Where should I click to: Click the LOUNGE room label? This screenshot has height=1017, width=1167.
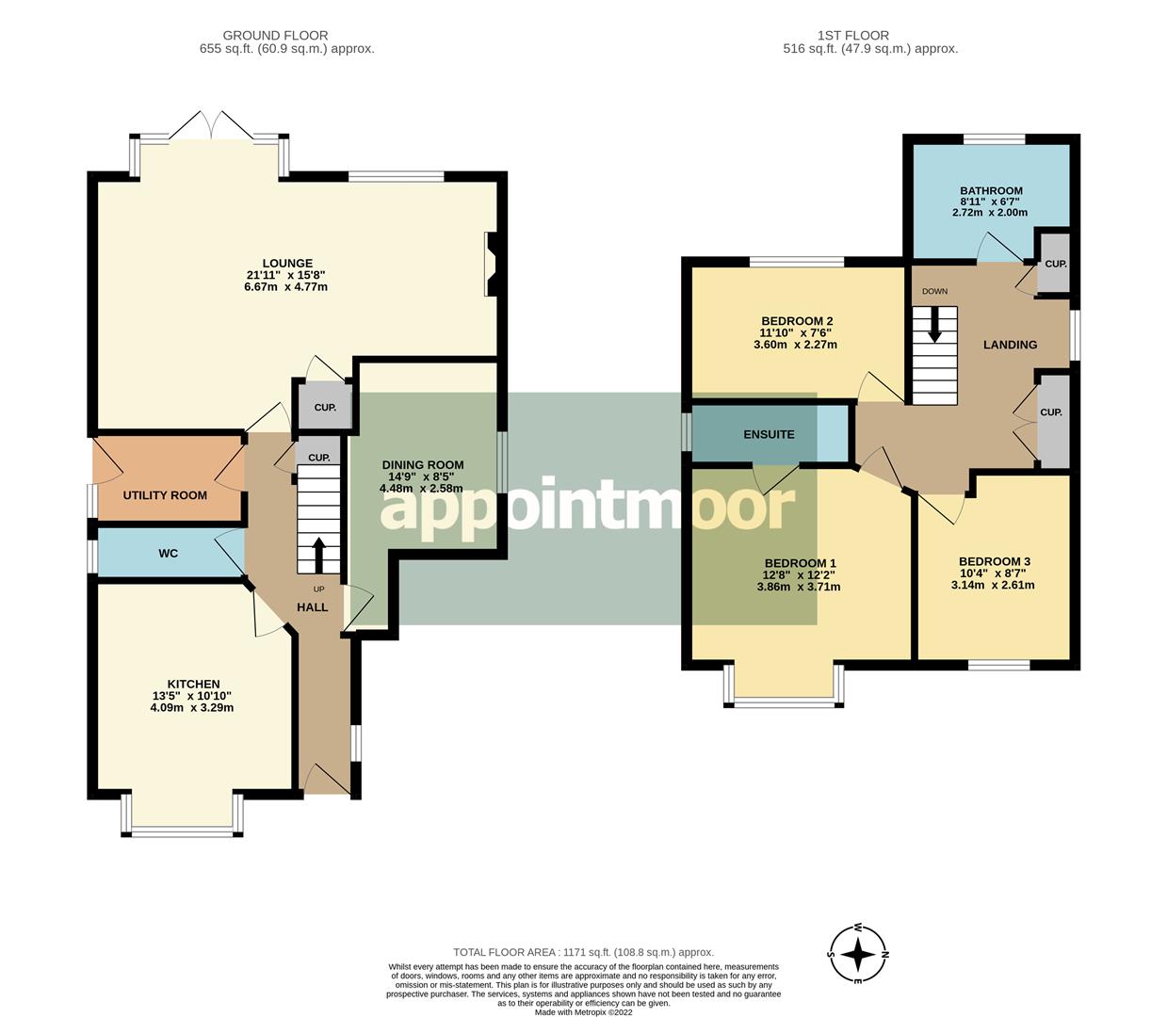pyautogui.click(x=287, y=264)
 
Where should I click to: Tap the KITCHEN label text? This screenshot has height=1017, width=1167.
pyautogui.click(x=193, y=685)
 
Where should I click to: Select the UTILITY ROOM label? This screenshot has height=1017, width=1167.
pyautogui.click(x=165, y=495)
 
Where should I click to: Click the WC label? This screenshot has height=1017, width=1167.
pyautogui.click(x=168, y=554)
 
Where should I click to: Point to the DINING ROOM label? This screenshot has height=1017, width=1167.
pyautogui.click(x=423, y=465)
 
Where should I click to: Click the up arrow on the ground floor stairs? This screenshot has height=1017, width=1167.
pyautogui.click(x=318, y=554)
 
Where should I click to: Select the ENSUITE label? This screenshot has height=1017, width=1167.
pyautogui.click(x=769, y=435)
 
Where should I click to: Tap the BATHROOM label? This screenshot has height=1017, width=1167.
pyautogui.click(x=991, y=191)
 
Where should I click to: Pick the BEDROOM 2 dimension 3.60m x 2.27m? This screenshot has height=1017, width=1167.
pyautogui.click(x=795, y=345)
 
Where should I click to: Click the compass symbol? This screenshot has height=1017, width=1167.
pyautogui.click(x=858, y=955)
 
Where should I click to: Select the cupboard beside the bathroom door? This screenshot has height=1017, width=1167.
pyautogui.click(x=1055, y=265)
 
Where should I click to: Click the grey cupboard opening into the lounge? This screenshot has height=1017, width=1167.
pyautogui.click(x=324, y=408)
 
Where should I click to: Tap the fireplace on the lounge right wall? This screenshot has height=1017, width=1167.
pyautogui.click(x=492, y=265)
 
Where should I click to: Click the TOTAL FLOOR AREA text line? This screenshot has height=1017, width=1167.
pyautogui.click(x=583, y=952)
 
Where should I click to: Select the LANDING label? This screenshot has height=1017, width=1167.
pyautogui.click(x=1010, y=345)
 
